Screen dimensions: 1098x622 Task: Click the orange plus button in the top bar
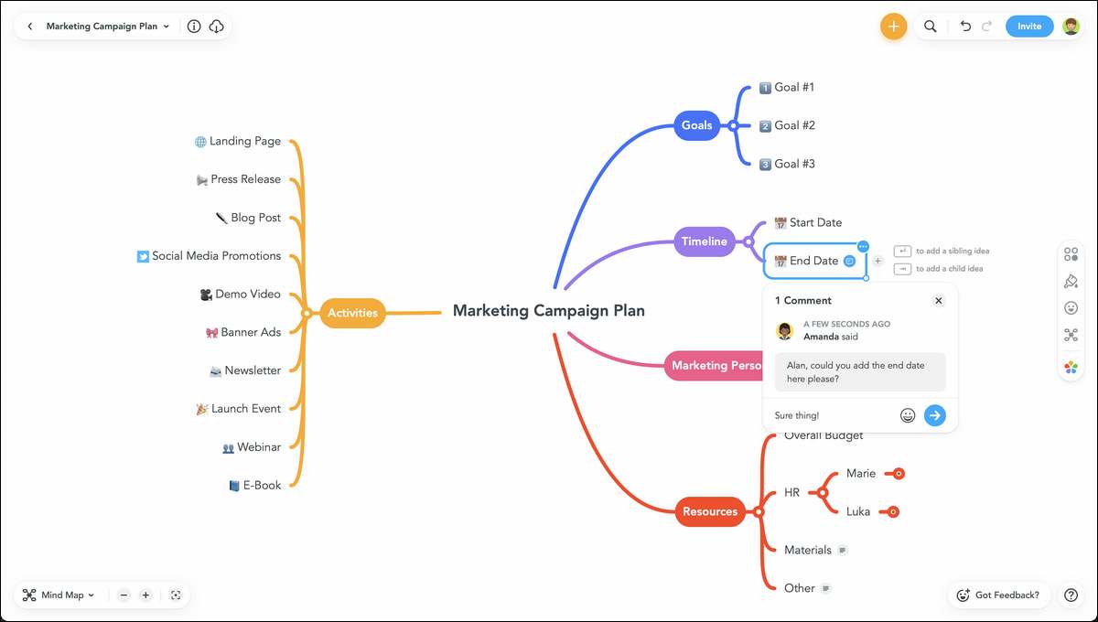pos(893,26)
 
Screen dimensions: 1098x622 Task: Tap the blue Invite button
pos(1028,26)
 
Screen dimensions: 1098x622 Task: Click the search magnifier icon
pos(930,26)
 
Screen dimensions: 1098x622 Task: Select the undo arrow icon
pos(965,26)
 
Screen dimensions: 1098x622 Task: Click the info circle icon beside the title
pos(194,26)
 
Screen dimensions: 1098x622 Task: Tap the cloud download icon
pos(216,26)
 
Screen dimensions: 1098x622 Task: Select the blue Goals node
pos(696,125)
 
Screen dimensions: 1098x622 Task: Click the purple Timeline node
pos(705,241)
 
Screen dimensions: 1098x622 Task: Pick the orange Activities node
pos(352,313)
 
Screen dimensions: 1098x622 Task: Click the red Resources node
pos(710,511)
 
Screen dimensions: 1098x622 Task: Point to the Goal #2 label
pos(794,125)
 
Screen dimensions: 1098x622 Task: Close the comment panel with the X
pos(938,300)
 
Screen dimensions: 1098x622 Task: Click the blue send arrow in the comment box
pos(935,415)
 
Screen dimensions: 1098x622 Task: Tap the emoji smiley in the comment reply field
pos(908,415)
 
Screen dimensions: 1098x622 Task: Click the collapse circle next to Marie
pos(899,474)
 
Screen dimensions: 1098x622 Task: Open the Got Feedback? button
pos(998,595)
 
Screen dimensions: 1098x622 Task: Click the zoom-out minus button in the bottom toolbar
pos(124,595)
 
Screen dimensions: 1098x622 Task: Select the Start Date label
pos(815,222)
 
